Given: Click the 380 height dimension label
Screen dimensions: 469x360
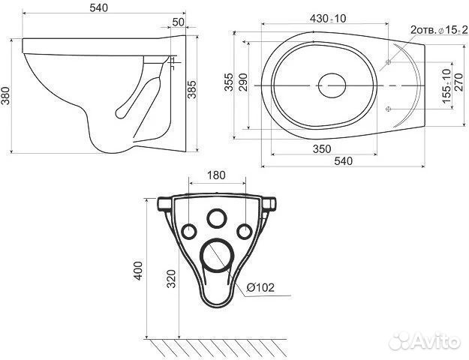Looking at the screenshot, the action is point(5,96).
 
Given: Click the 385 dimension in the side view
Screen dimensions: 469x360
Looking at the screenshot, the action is point(192,89).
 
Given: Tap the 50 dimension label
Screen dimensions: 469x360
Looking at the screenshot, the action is point(179,22).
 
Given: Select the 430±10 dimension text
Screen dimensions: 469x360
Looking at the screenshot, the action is point(328,19).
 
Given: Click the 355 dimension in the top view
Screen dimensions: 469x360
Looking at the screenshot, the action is point(229,82).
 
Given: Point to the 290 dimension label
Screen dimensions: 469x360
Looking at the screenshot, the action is point(243,82).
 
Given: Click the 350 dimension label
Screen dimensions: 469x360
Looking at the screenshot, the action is point(322,148).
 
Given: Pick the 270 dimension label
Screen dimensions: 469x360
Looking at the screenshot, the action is point(458,82).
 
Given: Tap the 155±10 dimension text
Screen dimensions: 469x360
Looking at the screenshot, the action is point(446,85).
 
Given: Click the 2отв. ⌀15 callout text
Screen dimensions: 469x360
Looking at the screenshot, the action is point(438,30).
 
